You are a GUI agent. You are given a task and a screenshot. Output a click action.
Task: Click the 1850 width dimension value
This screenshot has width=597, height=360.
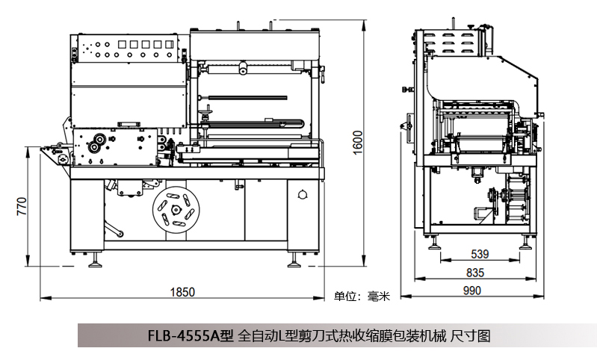182,291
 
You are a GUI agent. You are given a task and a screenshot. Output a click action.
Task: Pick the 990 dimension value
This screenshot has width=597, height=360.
471,291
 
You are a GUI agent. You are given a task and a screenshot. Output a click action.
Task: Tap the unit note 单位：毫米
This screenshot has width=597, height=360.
362,296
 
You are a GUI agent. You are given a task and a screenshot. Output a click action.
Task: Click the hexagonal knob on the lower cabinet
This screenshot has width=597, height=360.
302,195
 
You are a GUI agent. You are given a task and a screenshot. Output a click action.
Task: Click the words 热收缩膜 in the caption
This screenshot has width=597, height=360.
351,336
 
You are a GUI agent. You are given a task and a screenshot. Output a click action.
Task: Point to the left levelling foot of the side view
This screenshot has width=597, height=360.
431,250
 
